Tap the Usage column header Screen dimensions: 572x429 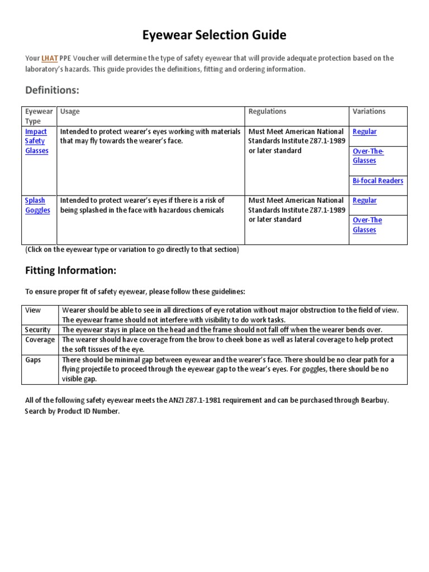pos(70,112)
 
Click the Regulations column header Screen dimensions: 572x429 pos(267,112)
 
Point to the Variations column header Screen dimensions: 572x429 pos(369,112)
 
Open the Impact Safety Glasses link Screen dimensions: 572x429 pos(37,141)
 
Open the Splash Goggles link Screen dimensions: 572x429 pos(37,206)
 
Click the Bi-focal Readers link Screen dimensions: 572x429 pos(378,181)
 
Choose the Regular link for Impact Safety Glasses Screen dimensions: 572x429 pos(365,132)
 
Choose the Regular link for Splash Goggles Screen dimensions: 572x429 pos(365,201)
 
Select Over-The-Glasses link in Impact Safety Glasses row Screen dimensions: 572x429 pos(368,156)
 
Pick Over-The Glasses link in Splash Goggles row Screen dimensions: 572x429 pos(367,225)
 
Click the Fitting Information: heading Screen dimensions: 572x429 pos(70,270)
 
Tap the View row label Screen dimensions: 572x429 pos(33,310)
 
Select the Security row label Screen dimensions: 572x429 pos(38,330)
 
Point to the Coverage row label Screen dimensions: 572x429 pos(40,340)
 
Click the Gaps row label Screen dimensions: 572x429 pos(33,360)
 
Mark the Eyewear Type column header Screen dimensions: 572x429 pos(39,116)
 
